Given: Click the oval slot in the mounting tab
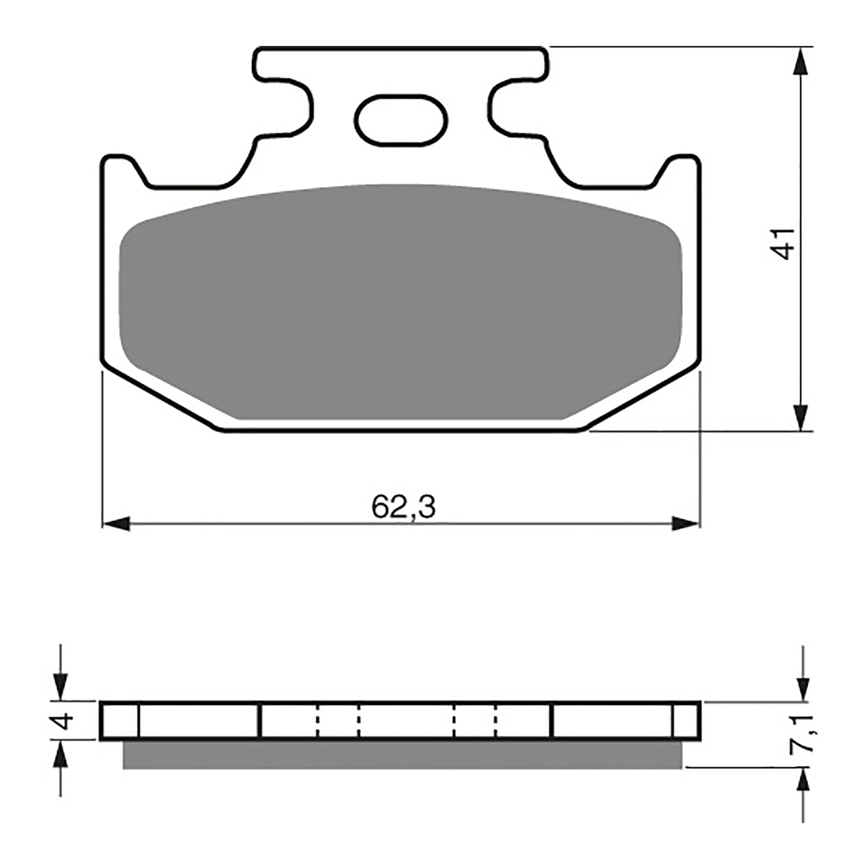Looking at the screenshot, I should tap(400, 120).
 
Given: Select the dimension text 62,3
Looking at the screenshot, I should tap(404, 508).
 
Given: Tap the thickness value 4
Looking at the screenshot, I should tap(64, 721).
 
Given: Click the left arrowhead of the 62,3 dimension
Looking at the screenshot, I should tap(116, 524).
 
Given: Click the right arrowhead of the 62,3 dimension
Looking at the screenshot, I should tap(685, 524).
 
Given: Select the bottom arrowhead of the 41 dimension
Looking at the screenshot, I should tap(800, 417).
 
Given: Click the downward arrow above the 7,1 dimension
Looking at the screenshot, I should tap(803, 688).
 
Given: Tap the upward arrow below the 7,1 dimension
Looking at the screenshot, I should tap(803, 781).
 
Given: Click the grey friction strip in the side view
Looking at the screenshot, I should tap(401, 755).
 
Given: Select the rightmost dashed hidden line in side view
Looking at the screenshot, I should tap(496, 721).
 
